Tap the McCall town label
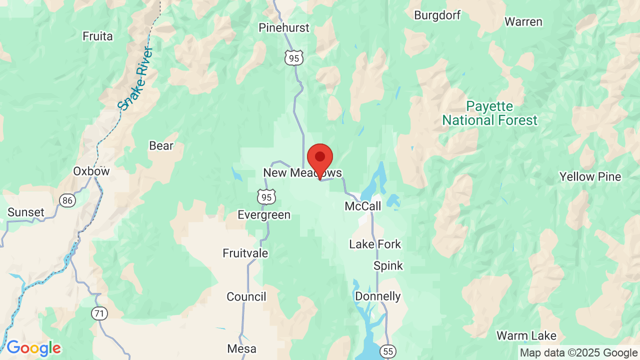(363, 206)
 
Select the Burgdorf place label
(437, 15)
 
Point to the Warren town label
(523, 22)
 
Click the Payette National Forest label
(489, 113)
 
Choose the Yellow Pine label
(590, 176)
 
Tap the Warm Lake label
(526, 335)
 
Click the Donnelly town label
(378, 296)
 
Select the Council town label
(246, 296)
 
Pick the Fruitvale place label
(245, 253)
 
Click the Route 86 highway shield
(67, 200)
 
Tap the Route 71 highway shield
(99, 313)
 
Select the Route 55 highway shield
(387, 351)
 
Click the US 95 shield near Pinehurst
(294, 58)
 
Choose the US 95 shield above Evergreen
(266, 197)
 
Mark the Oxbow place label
(91, 171)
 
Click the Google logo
(33, 348)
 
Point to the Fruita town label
(98, 36)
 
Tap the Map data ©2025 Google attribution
(578, 353)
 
